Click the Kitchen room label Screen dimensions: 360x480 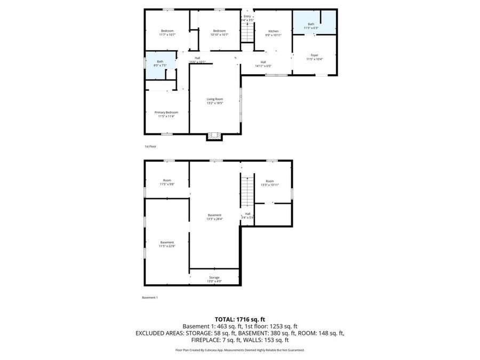click(274, 31)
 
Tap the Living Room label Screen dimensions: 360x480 click(215, 99)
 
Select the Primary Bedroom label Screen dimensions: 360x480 click(166, 113)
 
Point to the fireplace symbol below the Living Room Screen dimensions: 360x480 click(214, 136)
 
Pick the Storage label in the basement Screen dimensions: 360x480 click(214, 277)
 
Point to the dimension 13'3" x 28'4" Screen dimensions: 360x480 click(214, 219)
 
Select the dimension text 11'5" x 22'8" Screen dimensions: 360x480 click(167, 246)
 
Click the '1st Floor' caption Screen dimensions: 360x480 click(150, 146)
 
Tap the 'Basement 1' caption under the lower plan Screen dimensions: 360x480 click(150, 298)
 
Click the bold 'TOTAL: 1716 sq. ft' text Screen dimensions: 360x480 click(240, 318)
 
